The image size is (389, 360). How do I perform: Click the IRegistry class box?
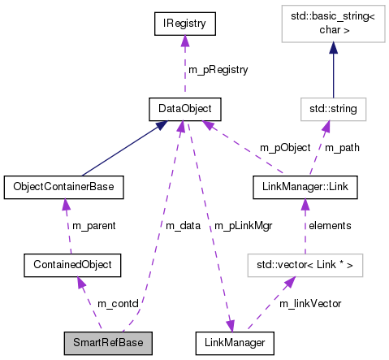point(185,25)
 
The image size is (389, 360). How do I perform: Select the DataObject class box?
point(185,107)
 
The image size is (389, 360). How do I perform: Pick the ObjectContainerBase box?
point(63,186)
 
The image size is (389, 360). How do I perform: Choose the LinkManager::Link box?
point(305,186)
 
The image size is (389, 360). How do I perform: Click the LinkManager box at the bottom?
point(235,342)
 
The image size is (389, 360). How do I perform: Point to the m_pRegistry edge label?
point(218,70)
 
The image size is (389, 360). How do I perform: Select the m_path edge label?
point(341,147)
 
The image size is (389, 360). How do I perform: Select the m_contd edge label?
point(118,303)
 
